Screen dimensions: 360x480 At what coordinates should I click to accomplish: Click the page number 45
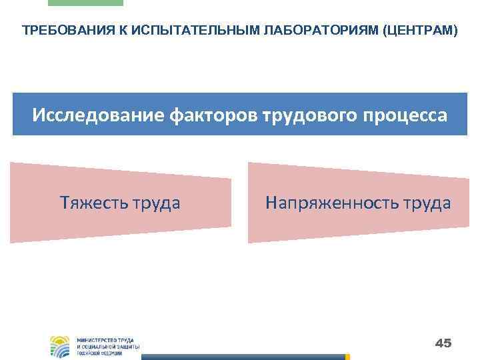coord(443,343)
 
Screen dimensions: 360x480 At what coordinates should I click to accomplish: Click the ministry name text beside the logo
coord(107,346)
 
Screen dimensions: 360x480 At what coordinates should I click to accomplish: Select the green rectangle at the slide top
coord(85,3)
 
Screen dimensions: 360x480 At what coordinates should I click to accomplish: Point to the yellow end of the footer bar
coord(347,357)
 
